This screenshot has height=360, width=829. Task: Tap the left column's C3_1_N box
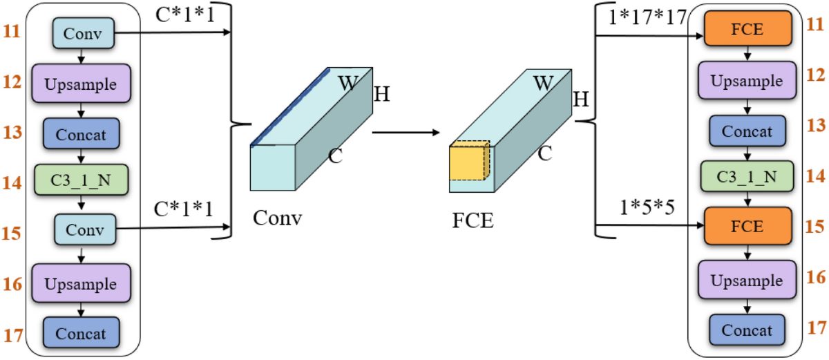[82, 182]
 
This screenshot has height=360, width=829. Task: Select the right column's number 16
[816, 278]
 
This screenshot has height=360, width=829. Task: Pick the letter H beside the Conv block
[382, 95]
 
